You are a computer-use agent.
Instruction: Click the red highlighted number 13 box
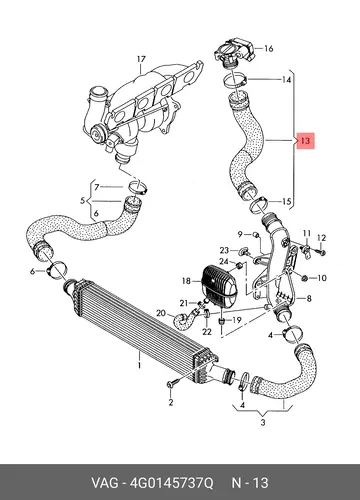click(x=305, y=140)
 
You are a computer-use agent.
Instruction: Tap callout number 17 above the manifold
click(x=141, y=59)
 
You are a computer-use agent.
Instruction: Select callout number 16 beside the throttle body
click(x=269, y=49)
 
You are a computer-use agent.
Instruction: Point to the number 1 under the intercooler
click(x=140, y=365)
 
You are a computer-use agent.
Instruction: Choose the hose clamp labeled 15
click(x=259, y=205)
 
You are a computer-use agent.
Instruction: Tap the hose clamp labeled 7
click(x=138, y=187)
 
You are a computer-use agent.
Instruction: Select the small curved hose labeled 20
click(x=185, y=319)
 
